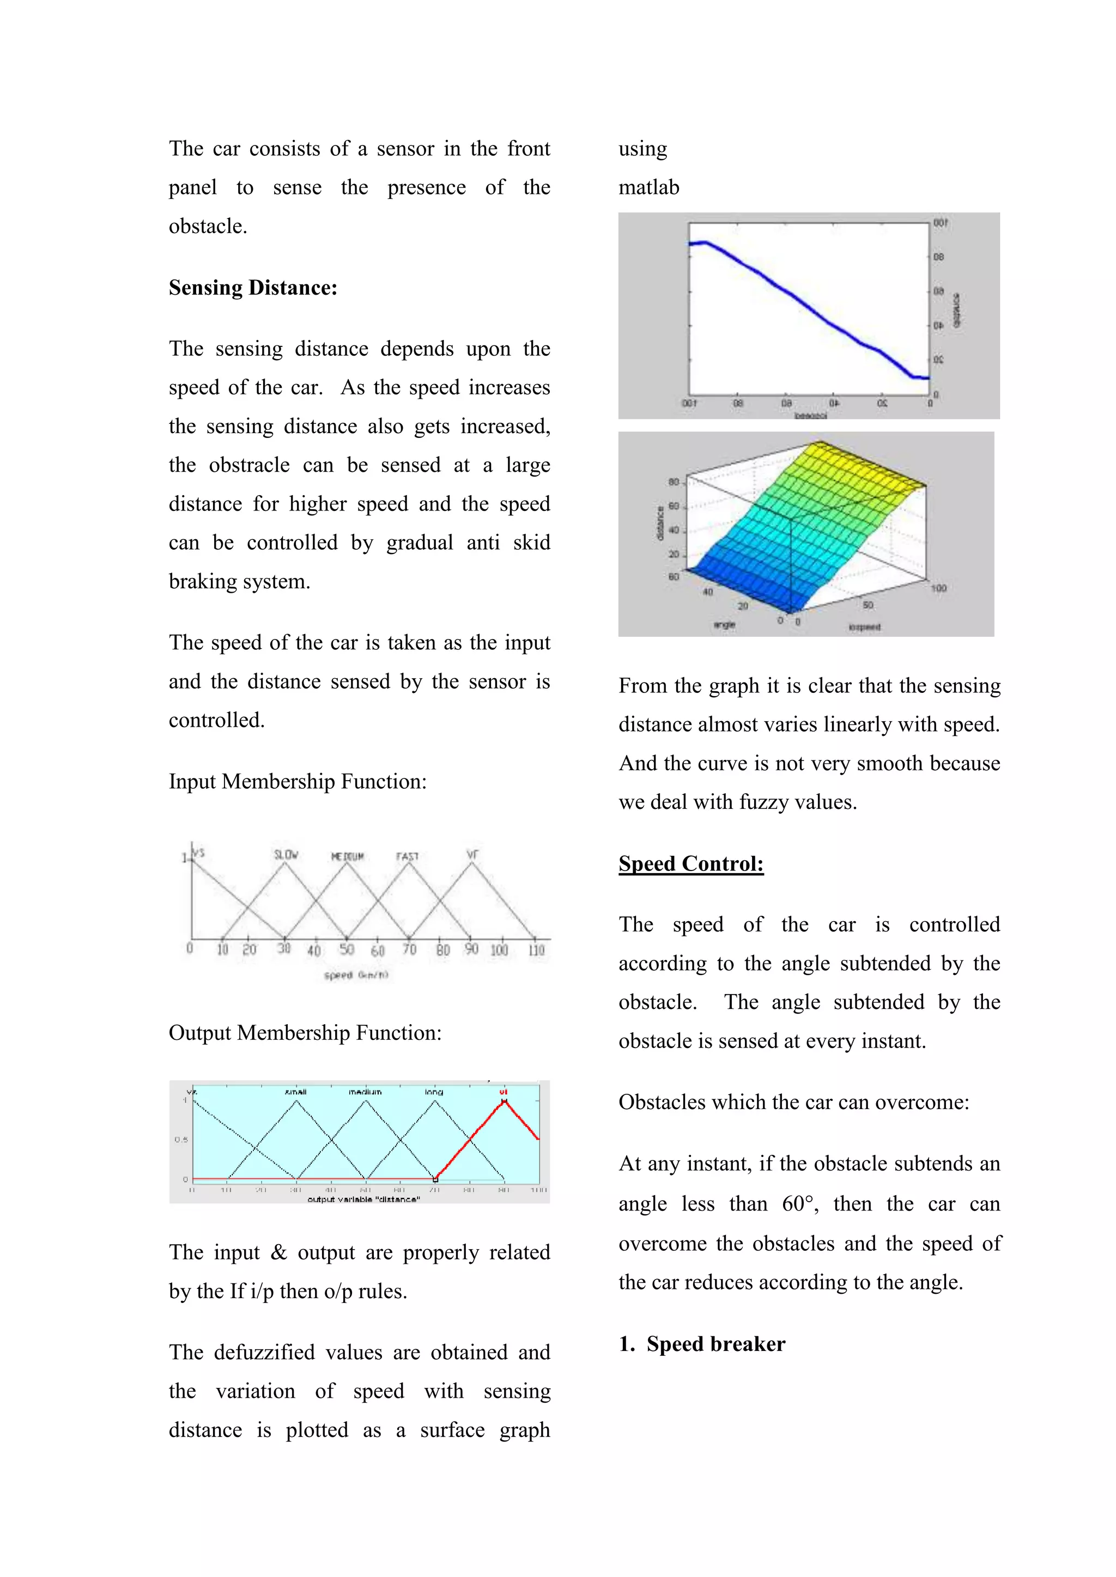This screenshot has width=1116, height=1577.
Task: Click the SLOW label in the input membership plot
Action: pyautogui.click(x=286, y=855)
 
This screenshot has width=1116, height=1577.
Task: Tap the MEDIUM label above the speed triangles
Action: pyautogui.click(x=347, y=856)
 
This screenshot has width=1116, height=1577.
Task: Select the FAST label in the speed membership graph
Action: pyautogui.click(x=407, y=856)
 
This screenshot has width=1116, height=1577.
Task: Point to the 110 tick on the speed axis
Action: pyautogui.click(x=536, y=950)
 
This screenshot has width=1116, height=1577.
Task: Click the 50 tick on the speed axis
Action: pyautogui.click(x=347, y=949)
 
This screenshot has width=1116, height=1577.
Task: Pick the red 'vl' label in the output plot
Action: pyautogui.click(x=503, y=1092)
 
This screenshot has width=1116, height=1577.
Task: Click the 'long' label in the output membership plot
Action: pyautogui.click(x=434, y=1092)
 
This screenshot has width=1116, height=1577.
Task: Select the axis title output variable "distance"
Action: pyautogui.click(x=363, y=1200)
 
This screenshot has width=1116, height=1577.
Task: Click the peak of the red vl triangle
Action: pyautogui.click(x=505, y=1101)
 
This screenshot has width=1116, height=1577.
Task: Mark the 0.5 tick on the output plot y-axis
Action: pyautogui.click(x=181, y=1140)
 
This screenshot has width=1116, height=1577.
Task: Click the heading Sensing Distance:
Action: pyautogui.click(x=253, y=288)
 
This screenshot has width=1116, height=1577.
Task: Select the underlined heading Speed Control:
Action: pyautogui.click(x=690, y=863)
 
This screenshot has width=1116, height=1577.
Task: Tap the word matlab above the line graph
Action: pyautogui.click(x=648, y=187)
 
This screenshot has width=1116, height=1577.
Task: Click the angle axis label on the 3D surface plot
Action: pyautogui.click(x=724, y=624)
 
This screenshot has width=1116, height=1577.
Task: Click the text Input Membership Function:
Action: pyautogui.click(x=298, y=782)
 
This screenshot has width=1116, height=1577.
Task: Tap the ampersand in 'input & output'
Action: pyautogui.click(x=278, y=1252)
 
